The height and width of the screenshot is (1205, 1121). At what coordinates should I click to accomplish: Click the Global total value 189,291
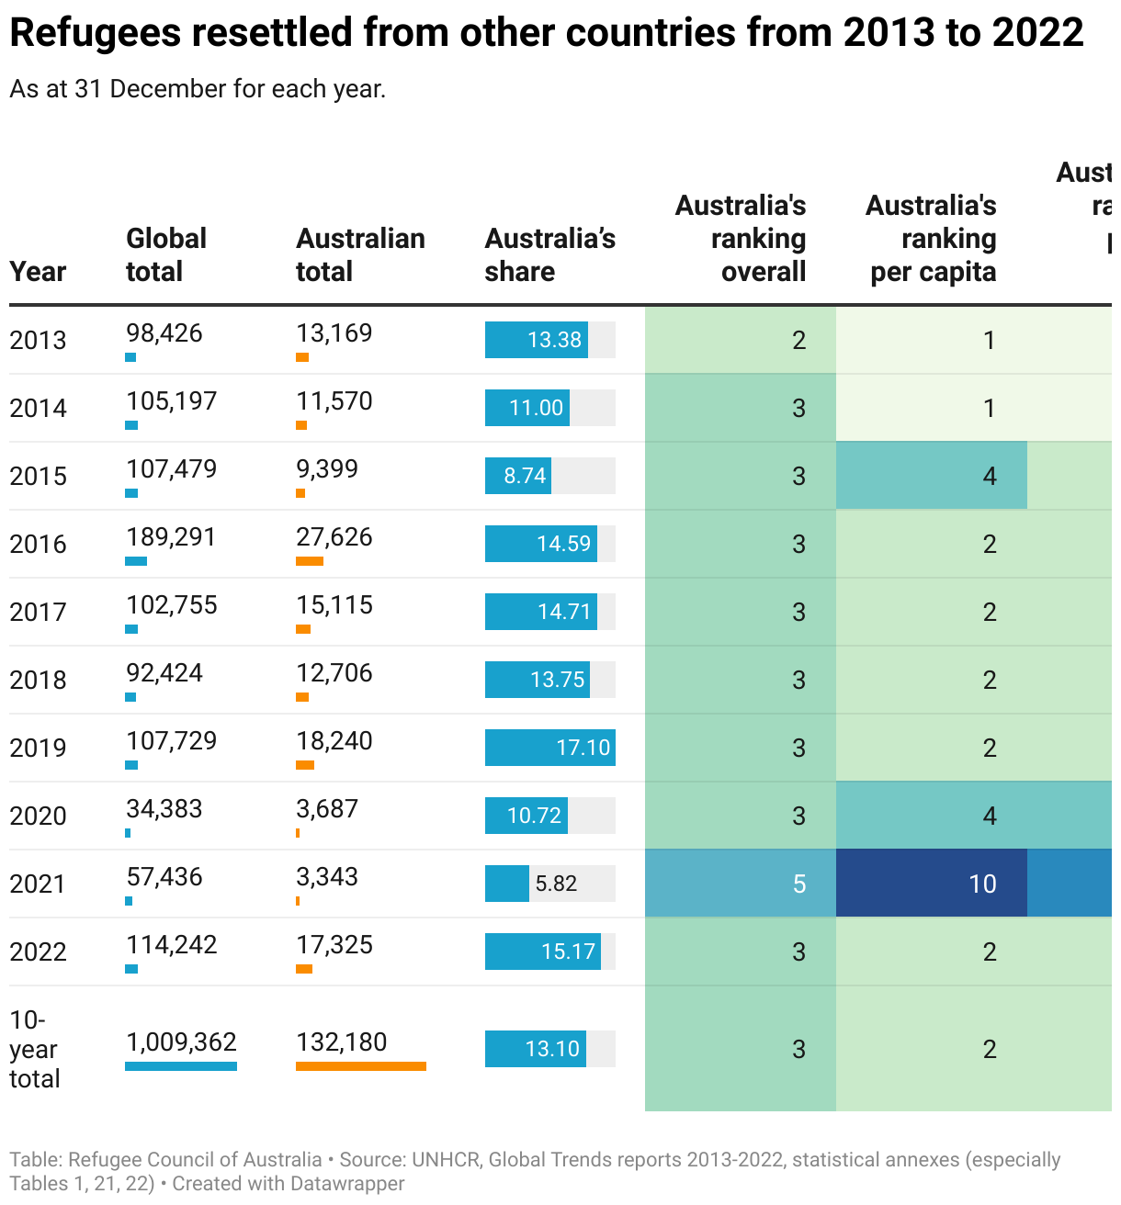pos(171,537)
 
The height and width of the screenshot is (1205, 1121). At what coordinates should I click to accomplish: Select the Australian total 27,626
pos(334,537)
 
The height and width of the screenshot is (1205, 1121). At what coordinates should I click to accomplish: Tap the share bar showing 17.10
pos(549,748)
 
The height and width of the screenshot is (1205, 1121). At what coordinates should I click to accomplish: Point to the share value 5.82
pos(556,884)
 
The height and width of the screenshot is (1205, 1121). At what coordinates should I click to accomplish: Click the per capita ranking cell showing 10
pos(931,884)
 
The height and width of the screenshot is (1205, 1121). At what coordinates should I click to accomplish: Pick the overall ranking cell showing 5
pos(741,884)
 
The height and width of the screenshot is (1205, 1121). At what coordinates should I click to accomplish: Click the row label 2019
pos(38,748)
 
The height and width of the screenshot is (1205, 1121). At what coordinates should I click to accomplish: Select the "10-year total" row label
pos(34,1049)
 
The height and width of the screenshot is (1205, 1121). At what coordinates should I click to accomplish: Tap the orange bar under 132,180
pos(360,1066)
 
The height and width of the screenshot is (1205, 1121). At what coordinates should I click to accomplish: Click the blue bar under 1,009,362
pos(181,1066)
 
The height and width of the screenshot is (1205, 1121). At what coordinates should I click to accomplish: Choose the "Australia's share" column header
pos(549,254)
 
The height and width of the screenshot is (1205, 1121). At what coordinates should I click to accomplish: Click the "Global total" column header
pos(165,254)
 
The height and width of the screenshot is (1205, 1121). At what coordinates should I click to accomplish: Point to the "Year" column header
pos(38,272)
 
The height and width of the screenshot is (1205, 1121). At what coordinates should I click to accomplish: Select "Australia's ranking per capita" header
pos(931,238)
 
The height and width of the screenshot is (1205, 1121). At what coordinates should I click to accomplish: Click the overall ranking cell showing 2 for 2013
pos(741,340)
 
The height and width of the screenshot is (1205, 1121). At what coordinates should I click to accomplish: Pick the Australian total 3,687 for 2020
pos(327,809)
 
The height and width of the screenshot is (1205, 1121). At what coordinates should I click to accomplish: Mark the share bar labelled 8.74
pos(518,476)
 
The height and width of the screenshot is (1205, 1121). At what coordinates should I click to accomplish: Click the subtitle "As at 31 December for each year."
pos(198,89)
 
